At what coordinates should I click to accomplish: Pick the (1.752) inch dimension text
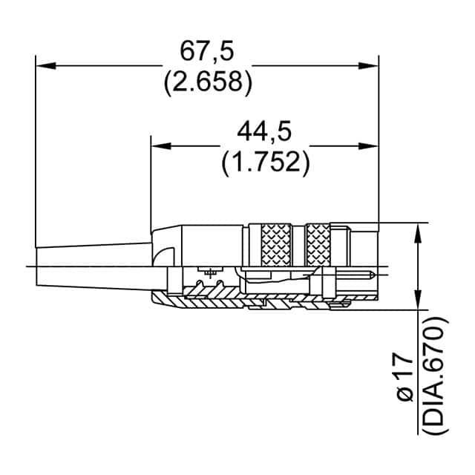264,161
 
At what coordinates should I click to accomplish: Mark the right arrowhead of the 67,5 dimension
370,66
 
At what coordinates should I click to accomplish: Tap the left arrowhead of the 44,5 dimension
159,145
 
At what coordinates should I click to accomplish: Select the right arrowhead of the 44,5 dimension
370,145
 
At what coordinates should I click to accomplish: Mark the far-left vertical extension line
36,148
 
